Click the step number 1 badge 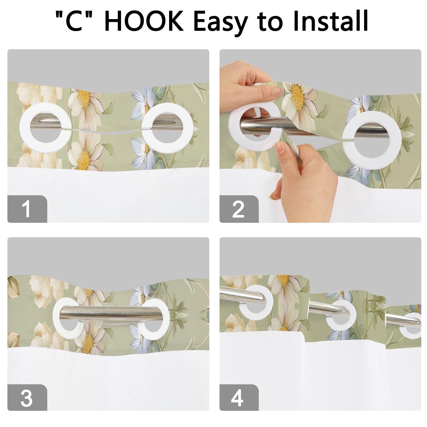coord(27,209)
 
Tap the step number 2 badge coord(239,209)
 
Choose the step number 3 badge coord(27,398)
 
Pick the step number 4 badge coord(239,398)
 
